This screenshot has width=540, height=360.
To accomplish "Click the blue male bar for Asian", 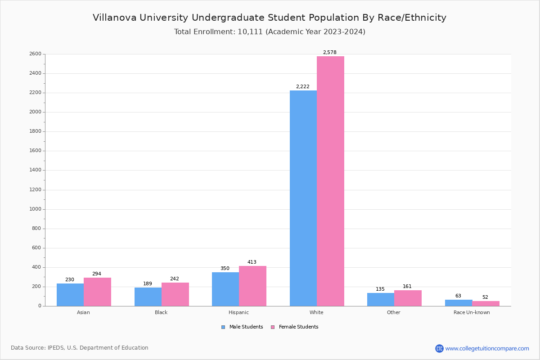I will pos(70,295).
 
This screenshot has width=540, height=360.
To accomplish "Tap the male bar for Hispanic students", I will pos(225,289).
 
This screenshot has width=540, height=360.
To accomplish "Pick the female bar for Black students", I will pos(175,294).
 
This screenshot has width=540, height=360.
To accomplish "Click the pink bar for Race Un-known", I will pos(486,303).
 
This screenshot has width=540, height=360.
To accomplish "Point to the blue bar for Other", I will pos(381,299).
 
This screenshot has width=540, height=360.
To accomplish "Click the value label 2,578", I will pos(329,53).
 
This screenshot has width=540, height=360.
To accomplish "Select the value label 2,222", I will pos(302,87).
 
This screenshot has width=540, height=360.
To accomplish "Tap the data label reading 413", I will pos(252,262).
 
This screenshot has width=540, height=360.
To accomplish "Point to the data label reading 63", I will pos(458,296).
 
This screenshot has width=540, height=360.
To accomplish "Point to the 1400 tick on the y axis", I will pos(35,170).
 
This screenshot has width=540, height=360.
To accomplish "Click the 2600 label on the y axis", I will pos(35,54).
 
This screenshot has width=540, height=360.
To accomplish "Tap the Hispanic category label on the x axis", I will pos(238,312).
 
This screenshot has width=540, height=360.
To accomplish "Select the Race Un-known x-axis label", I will pos(472,312).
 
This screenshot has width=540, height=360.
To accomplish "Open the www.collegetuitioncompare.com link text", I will pos(487,348).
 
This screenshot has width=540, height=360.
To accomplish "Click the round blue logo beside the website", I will pos(439,348).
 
